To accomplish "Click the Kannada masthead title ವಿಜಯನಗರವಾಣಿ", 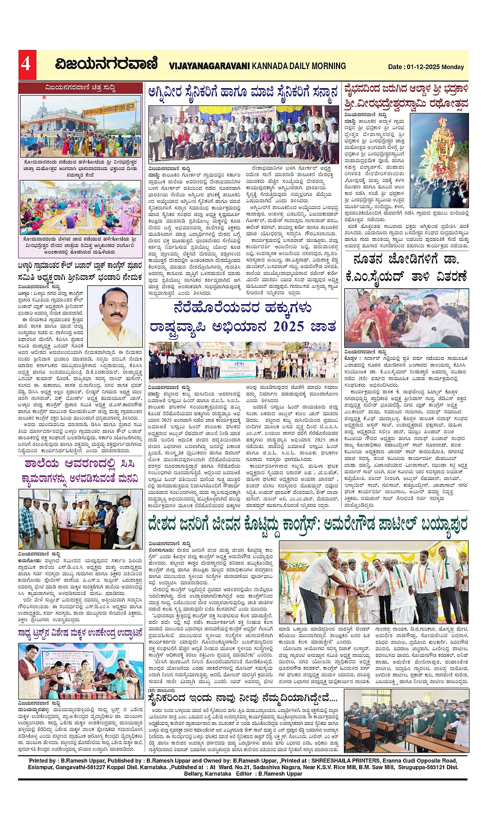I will (106, 64).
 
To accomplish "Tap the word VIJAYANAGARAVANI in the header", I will (209, 66).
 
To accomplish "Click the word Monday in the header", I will (454, 67).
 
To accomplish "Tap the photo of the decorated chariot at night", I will (439, 155).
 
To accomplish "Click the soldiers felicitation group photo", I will (243, 135).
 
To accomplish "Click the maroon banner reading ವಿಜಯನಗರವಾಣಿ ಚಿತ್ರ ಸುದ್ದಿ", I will (80, 88).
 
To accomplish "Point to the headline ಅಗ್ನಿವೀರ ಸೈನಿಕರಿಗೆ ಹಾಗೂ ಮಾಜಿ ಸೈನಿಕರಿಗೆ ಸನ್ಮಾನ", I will (243, 92).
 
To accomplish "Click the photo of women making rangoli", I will (80, 208).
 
